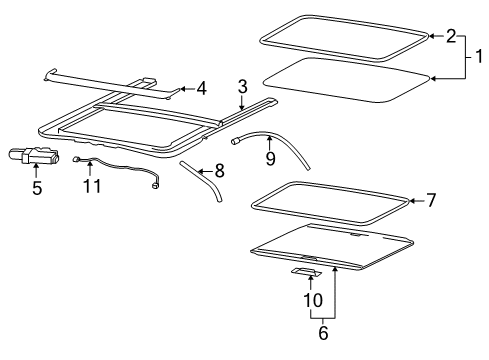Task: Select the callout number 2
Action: pos(451,36)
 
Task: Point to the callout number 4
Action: pos(202,89)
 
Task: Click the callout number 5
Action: pos(37,187)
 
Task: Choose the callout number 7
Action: pos(431,201)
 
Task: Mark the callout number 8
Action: pos(220,171)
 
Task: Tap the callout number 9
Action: pos(269,157)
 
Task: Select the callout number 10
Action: pos(311,300)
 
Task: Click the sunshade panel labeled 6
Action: pos(330,245)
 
